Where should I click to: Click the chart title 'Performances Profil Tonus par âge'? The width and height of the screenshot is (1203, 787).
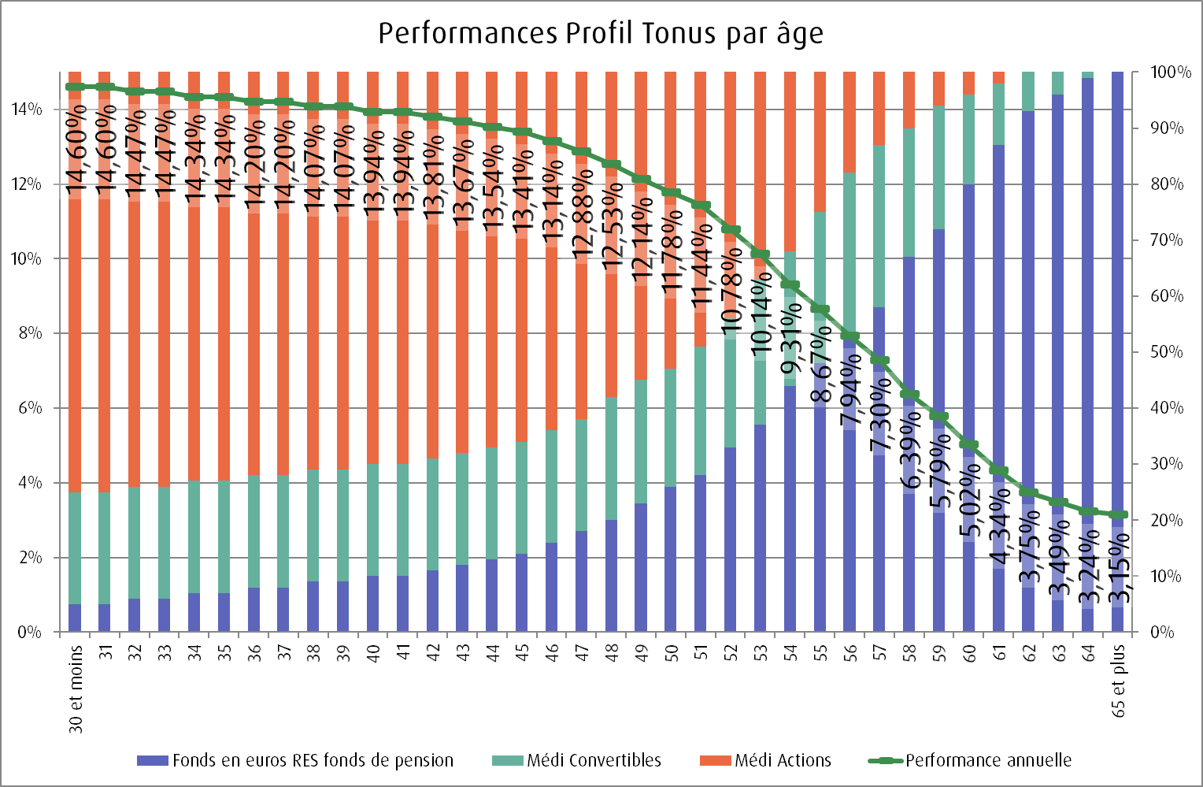pyautogui.click(x=601, y=34)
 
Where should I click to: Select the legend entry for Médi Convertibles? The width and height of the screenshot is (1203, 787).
pyautogui.click(x=594, y=760)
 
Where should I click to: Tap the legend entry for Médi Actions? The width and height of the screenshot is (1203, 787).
pyautogui.click(x=783, y=760)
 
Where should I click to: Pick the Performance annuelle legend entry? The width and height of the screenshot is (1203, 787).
pyautogui.click(x=988, y=760)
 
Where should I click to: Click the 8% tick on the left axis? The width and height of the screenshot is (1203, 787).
pyautogui.click(x=29, y=333)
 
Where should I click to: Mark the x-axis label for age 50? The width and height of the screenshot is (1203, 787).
pyautogui.click(x=672, y=652)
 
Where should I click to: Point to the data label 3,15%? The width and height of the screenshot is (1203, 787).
pyautogui.click(x=1117, y=567)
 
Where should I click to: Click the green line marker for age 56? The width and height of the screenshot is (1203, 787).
pyautogui.click(x=850, y=336)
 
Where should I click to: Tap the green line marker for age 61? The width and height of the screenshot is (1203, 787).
pyautogui.click(x=999, y=471)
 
